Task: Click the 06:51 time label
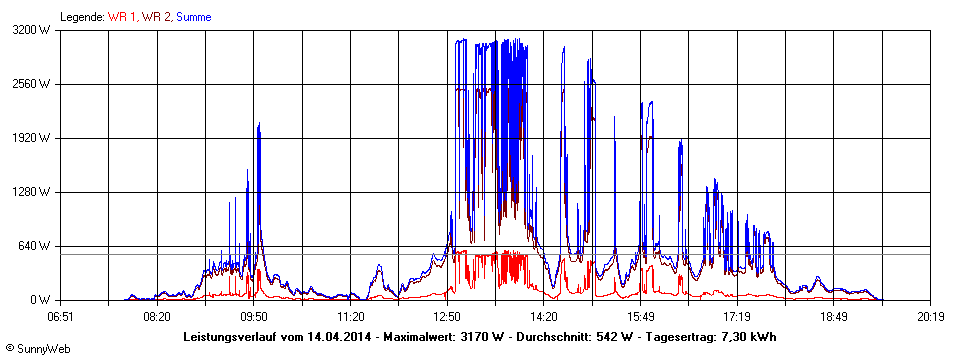(61, 317)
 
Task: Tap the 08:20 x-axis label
(157, 317)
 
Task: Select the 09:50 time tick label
(254, 317)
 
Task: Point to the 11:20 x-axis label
(351, 317)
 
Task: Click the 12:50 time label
(447, 317)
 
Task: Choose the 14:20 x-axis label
(544, 317)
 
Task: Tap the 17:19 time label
(737, 317)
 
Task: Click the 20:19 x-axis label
(931, 317)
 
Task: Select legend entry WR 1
(123, 17)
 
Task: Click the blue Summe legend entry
(193, 17)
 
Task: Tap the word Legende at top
(82, 17)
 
